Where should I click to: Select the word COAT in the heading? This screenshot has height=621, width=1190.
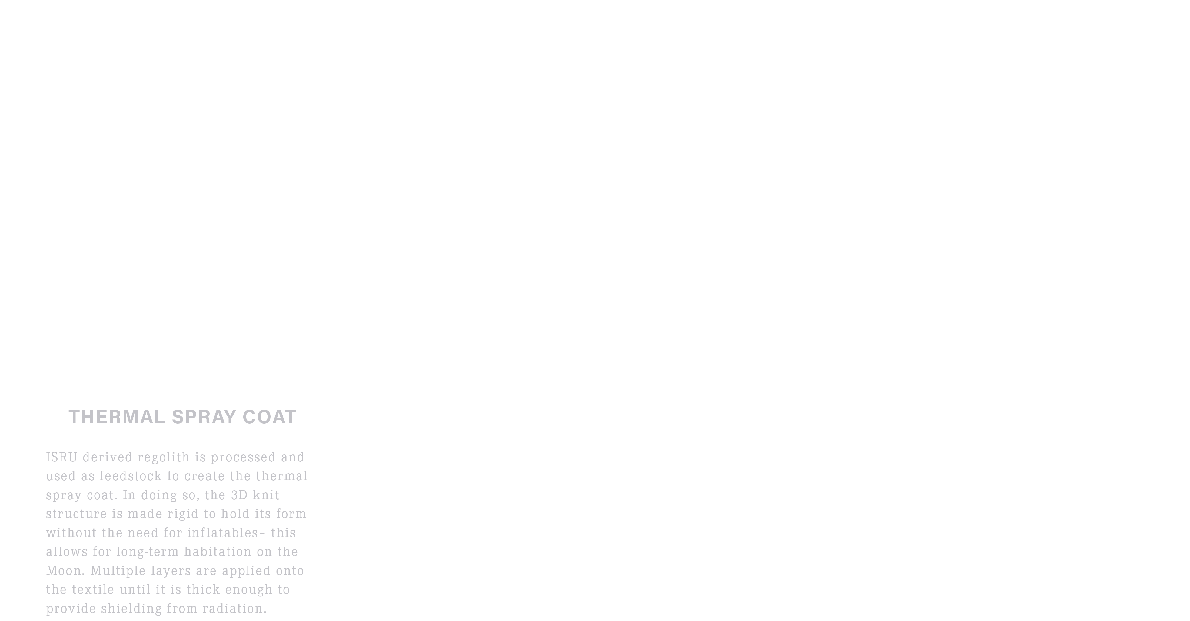pos(269,417)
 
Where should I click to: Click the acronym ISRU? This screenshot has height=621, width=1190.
pos(61,457)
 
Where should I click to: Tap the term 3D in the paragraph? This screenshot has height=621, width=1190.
pos(239,495)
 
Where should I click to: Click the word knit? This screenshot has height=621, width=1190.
pos(266,495)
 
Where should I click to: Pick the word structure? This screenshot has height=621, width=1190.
pos(76,514)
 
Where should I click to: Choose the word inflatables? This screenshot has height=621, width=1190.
pos(223,533)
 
